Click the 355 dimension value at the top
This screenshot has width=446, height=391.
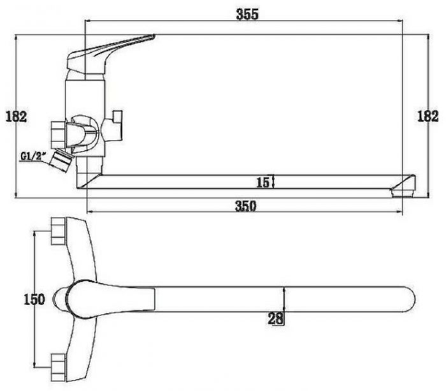[247, 14]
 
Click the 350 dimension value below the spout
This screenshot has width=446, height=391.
[246, 206]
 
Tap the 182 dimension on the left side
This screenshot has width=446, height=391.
[16, 117]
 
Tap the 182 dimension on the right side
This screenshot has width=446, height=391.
[428, 116]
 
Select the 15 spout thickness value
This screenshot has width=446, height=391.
[263, 182]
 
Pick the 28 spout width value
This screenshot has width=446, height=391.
[275, 319]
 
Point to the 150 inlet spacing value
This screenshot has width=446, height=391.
[34, 299]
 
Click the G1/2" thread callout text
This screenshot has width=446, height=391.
[34, 156]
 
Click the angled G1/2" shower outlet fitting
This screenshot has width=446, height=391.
[61, 160]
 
